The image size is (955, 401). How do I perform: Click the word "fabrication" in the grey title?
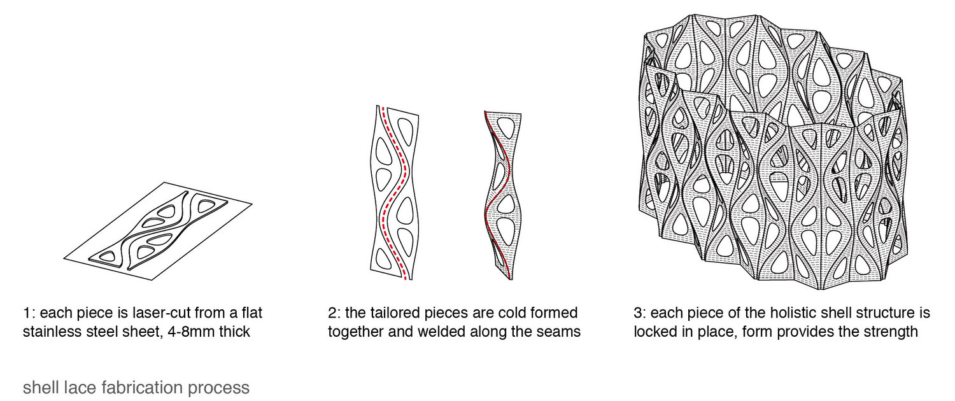(142, 388)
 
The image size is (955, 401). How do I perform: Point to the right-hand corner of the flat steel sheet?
(252, 204)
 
